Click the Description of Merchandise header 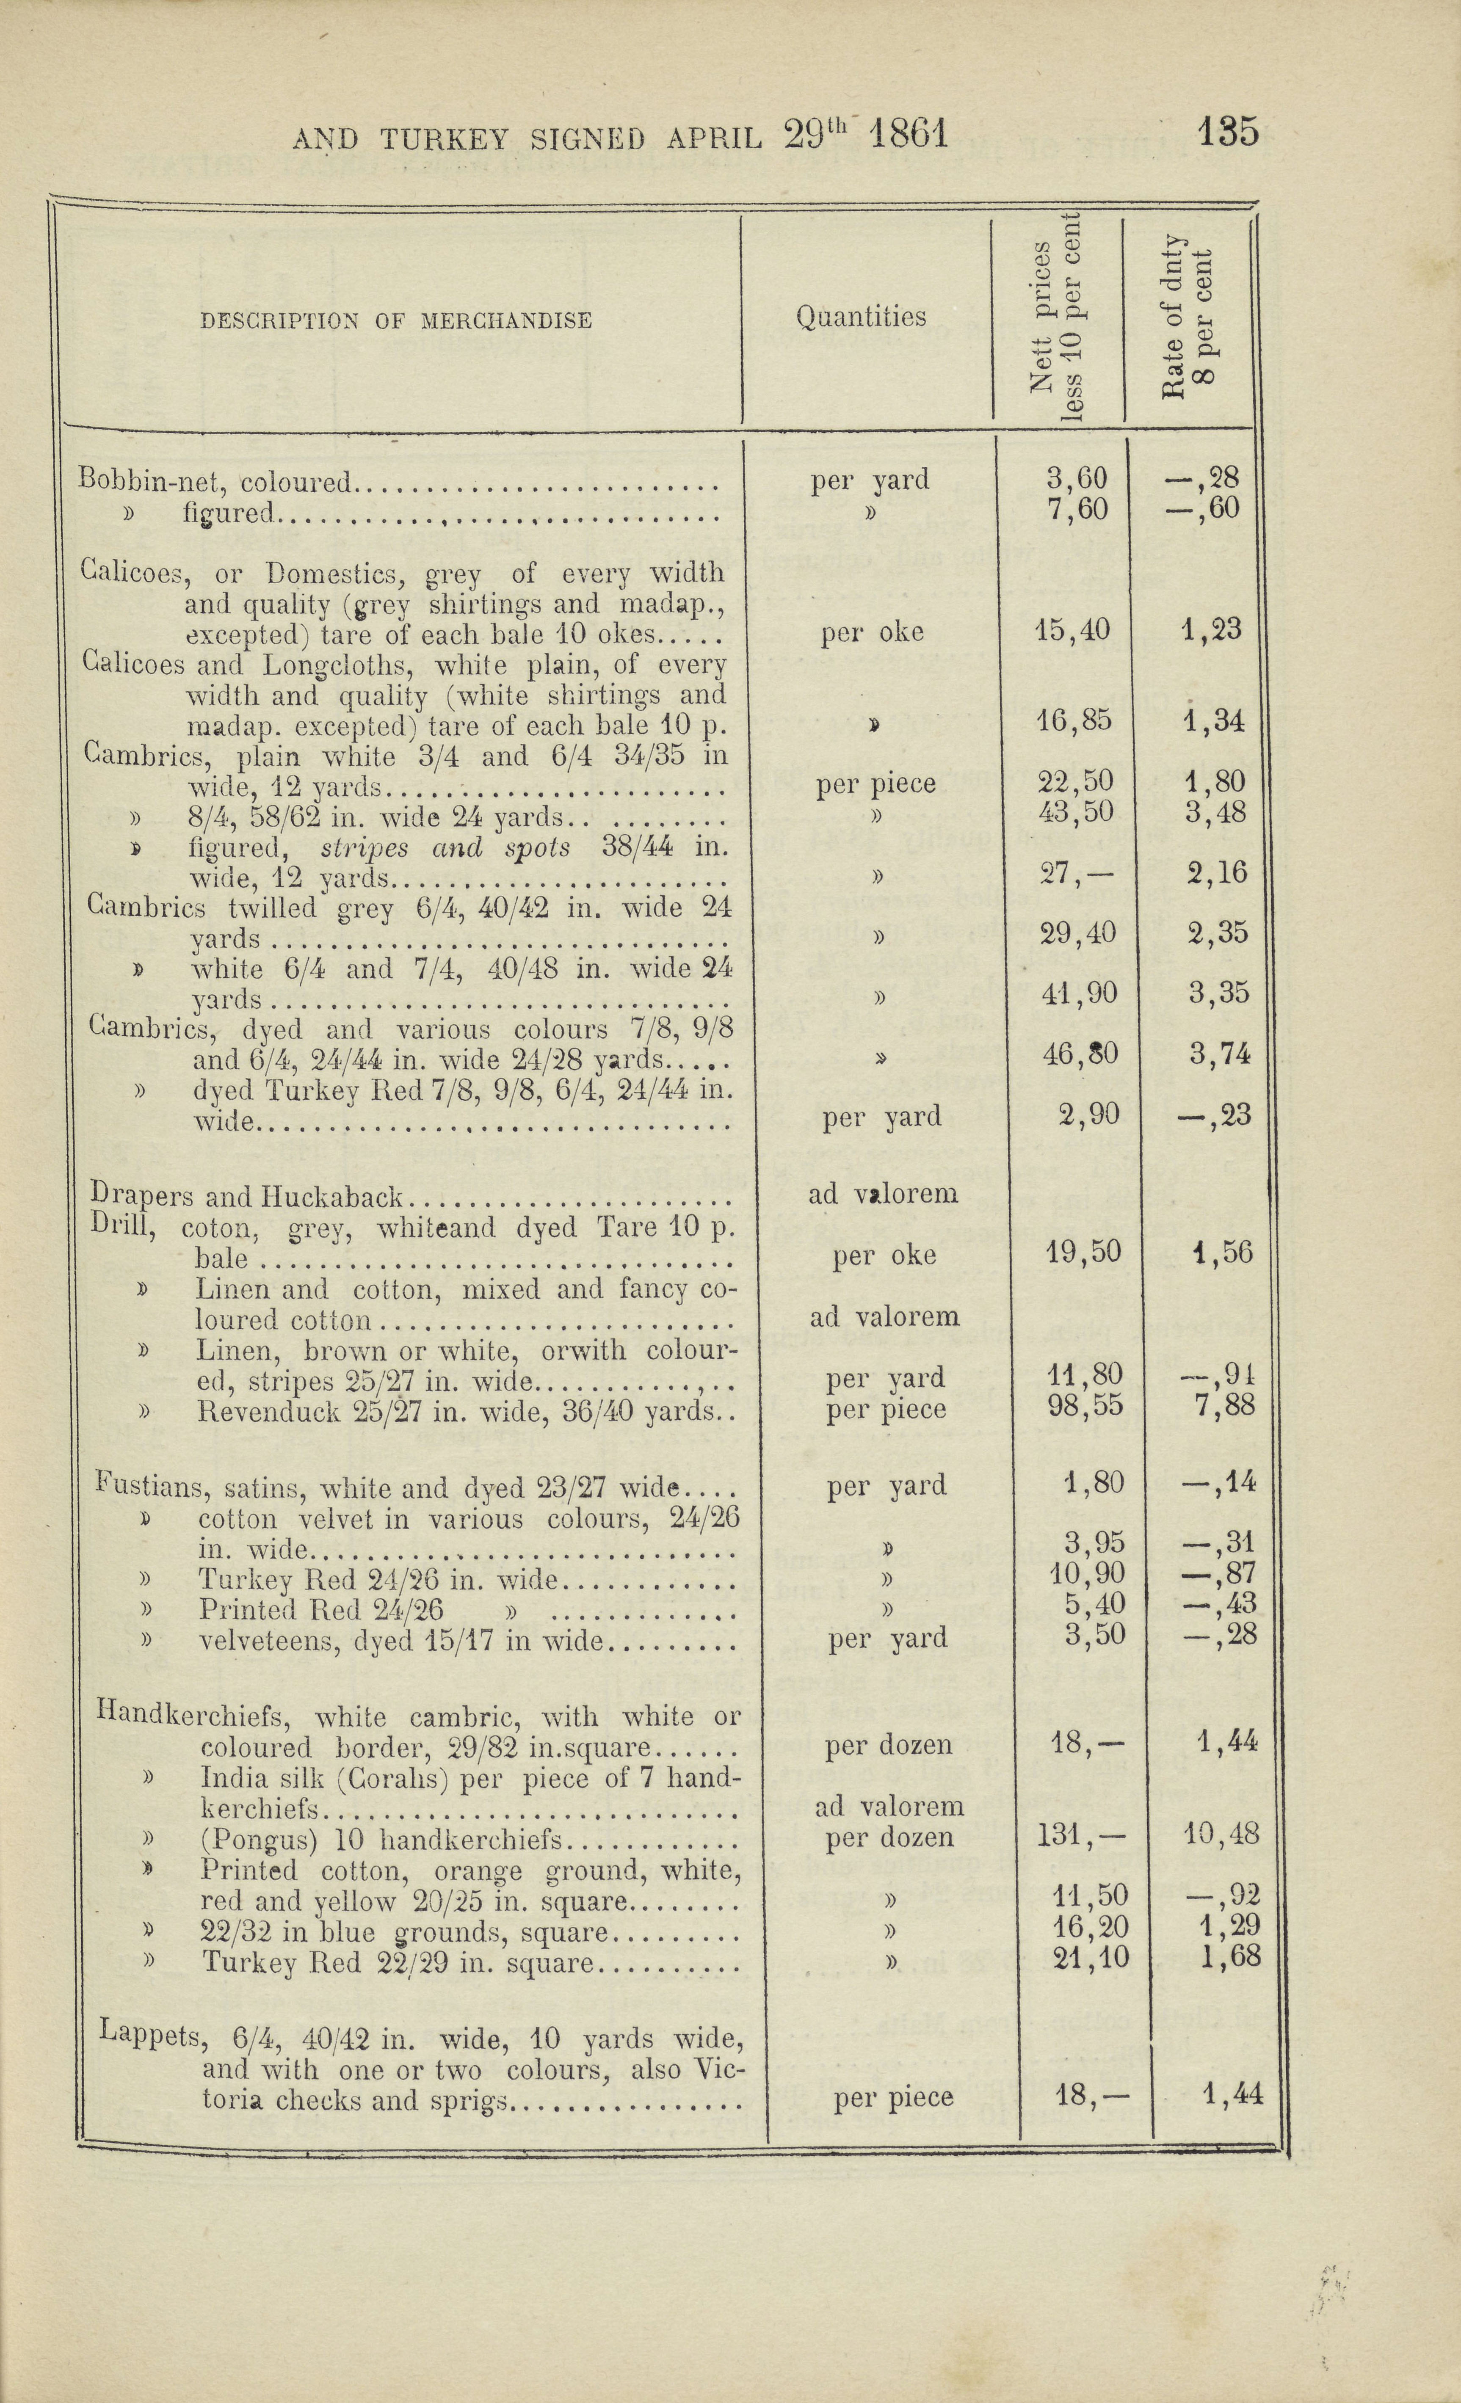point(396,321)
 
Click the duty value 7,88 point(1223,1405)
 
